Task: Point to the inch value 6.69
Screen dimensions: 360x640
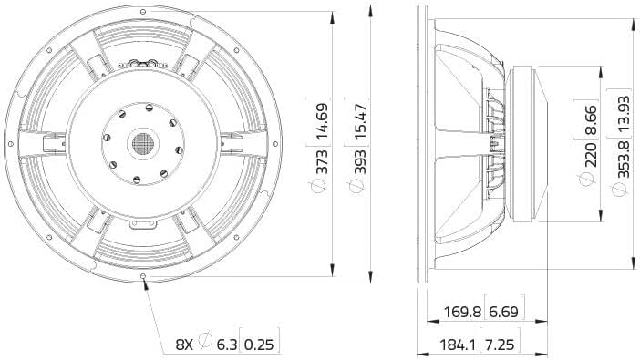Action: (506, 312)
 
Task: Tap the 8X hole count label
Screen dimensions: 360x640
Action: (185, 344)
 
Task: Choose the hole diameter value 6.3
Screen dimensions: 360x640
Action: (225, 344)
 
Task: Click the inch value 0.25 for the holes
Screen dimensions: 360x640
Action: (262, 344)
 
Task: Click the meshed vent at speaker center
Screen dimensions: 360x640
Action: (143, 142)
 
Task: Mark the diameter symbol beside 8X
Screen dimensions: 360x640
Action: (205, 344)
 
